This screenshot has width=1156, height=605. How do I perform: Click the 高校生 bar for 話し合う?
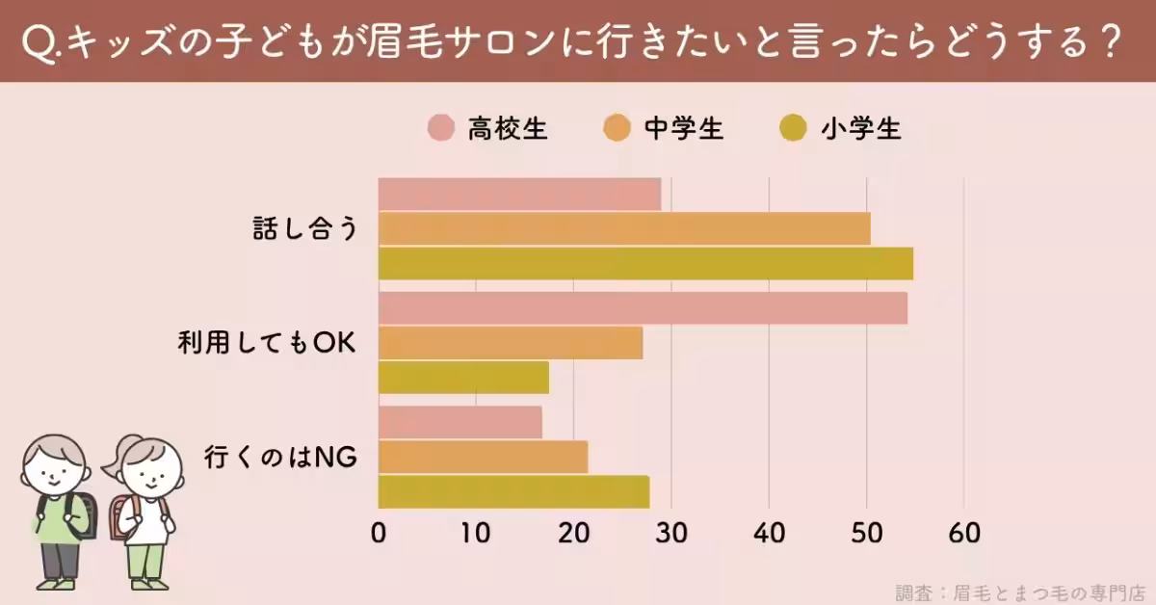tap(519, 194)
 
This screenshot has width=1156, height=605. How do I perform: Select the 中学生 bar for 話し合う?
tap(624, 228)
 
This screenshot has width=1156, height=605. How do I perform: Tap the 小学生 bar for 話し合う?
tap(645, 263)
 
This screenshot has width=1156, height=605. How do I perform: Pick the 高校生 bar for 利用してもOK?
tap(643, 308)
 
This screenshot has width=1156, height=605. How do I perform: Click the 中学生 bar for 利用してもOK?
tap(511, 343)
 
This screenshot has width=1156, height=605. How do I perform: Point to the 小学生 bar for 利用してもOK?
tap(463, 378)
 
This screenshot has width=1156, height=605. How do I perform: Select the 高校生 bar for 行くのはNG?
tap(460, 422)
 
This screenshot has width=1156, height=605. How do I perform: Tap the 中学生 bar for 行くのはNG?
tap(483, 457)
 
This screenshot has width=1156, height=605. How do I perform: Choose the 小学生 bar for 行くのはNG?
tap(513, 491)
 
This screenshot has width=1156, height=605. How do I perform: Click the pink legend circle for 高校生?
tap(441, 128)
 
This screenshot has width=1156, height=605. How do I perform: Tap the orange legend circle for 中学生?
tap(617, 128)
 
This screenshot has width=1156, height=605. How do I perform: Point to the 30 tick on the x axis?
tap(670, 533)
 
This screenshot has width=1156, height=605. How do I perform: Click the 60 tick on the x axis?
tap(963, 533)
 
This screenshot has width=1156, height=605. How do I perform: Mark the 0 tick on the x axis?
tap(379, 533)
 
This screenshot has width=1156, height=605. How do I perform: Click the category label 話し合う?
tap(304, 229)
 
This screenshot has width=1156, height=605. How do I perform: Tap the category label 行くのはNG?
tap(281, 458)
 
